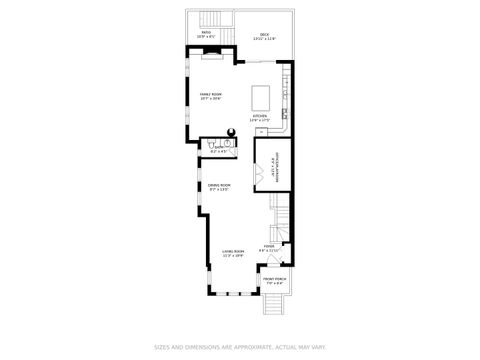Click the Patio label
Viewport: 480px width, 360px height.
205,35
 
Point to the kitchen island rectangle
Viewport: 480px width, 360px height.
262,97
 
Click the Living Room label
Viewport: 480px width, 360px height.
232,253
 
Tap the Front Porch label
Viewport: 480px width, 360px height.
274,281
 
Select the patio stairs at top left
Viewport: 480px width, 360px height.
213,20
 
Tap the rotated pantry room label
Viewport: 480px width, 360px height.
273,177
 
